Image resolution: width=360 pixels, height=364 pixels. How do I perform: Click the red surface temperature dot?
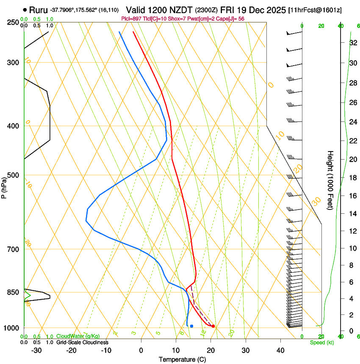pos(213,326)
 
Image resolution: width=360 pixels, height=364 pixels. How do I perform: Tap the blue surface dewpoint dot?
pos(192,326)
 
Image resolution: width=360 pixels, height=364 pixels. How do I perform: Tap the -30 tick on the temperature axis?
pos(36,350)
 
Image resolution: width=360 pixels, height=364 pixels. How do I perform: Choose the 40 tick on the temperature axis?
pos(280,350)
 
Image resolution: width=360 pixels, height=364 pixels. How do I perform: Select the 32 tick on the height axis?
pos(352,43)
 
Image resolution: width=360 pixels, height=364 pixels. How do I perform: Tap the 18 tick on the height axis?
pos(352,178)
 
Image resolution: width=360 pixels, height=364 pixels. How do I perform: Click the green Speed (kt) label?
pos(321,342)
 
